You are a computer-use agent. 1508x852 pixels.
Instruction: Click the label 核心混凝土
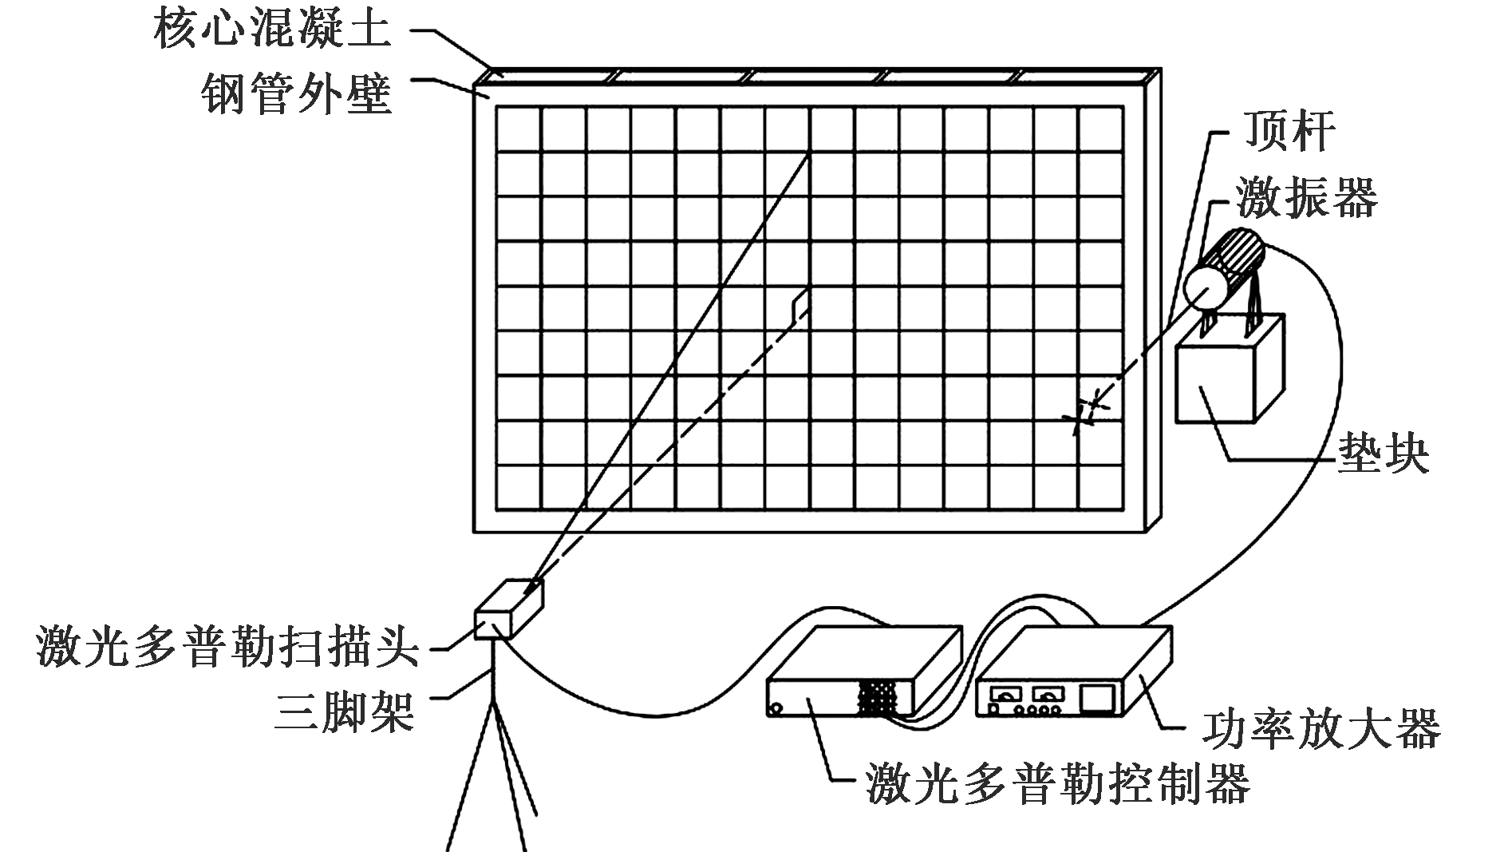(273, 29)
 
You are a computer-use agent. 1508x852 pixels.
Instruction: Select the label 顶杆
(1289, 132)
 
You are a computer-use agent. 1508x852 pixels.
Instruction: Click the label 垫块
(1383, 455)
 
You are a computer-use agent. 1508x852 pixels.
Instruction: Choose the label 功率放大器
(1321, 728)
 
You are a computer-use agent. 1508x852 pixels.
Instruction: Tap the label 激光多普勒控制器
(1058, 783)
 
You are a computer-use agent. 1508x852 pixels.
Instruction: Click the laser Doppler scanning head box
(507, 610)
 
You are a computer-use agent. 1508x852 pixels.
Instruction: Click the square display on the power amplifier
(1098, 697)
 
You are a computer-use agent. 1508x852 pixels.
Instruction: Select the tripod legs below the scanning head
(491, 775)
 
